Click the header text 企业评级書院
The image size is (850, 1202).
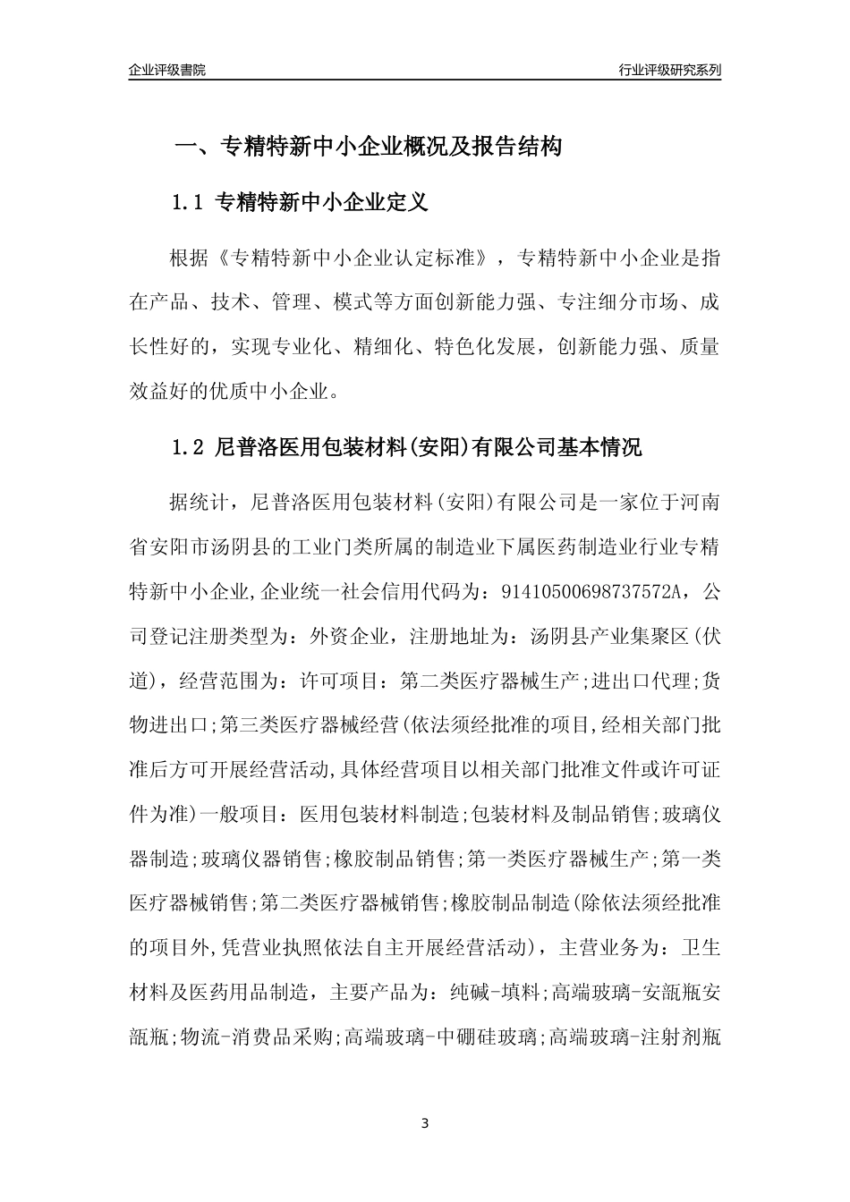point(167,70)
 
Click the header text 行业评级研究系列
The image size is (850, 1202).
point(669,70)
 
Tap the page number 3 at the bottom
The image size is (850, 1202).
point(425,1122)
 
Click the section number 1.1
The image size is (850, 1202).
point(188,203)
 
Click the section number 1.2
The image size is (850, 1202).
point(188,447)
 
